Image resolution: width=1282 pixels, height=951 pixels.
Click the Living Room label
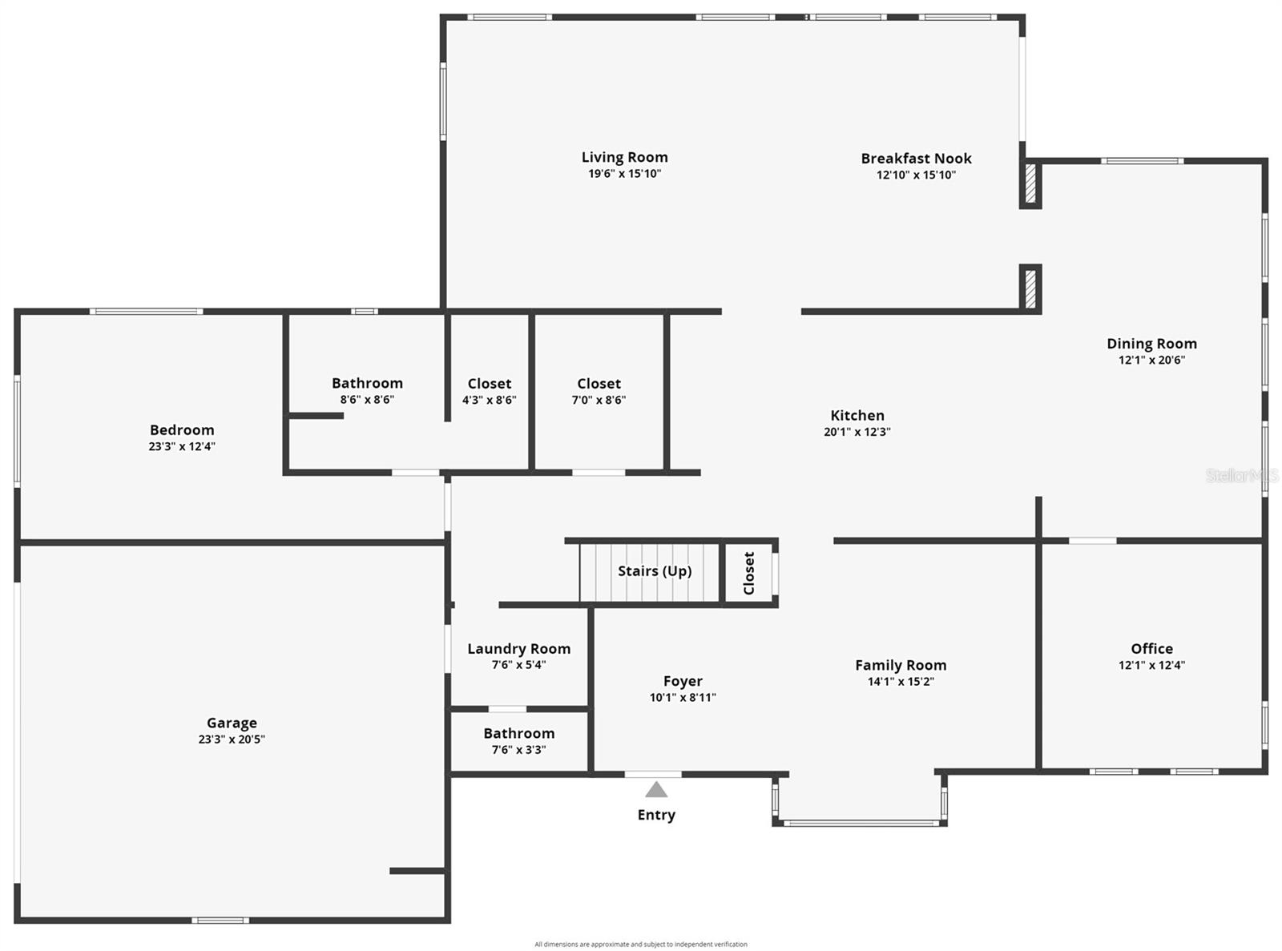click(x=624, y=157)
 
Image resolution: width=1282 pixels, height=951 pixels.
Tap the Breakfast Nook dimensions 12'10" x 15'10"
click(x=916, y=175)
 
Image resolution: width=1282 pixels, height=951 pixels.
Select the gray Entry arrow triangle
click(x=656, y=789)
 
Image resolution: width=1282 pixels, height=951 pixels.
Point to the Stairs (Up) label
click(x=655, y=571)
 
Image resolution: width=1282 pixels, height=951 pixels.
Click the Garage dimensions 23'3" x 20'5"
click(x=232, y=739)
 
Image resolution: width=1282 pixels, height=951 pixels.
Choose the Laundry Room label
click(x=519, y=649)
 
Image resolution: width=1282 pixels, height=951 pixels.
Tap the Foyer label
click(x=683, y=681)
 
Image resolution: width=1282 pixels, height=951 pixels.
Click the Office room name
click(x=1151, y=649)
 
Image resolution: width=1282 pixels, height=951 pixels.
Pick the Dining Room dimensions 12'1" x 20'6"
click(x=1151, y=360)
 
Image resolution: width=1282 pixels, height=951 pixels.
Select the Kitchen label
click(x=857, y=415)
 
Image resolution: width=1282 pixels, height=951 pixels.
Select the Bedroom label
click(x=182, y=429)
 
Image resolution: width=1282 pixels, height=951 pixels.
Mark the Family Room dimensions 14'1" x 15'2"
click(x=901, y=681)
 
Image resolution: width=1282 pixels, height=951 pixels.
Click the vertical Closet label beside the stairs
click(x=748, y=573)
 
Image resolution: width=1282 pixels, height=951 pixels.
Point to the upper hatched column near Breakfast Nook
click(x=1030, y=183)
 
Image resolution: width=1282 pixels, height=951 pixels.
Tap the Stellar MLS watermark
click(x=1242, y=475)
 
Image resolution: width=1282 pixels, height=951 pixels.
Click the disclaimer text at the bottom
click(x=640, y=944)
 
